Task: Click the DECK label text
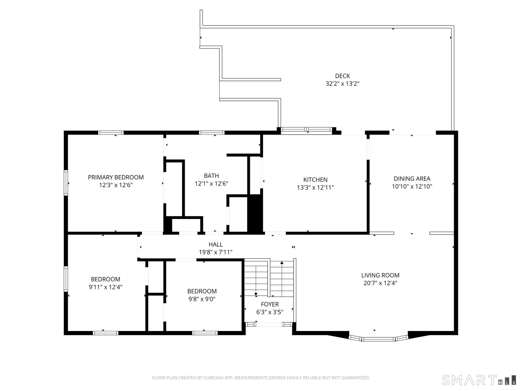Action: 342,76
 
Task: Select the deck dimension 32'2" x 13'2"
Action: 342,84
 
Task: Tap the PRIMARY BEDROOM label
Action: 116,177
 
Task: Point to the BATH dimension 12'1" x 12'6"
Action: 211,184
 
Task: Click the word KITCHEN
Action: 315,180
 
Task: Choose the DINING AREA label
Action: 412,179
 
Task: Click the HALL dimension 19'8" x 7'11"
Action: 215,252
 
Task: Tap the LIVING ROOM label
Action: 380,275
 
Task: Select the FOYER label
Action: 270,304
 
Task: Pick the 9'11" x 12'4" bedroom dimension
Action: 105,287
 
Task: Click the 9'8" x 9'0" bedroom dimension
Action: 202,299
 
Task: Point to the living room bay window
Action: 378,339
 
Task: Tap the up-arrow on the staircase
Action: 282,263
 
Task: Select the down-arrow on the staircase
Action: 256,294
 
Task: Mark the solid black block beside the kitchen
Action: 255,213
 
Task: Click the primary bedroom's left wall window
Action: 66,182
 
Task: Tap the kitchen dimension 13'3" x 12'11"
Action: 315,187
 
